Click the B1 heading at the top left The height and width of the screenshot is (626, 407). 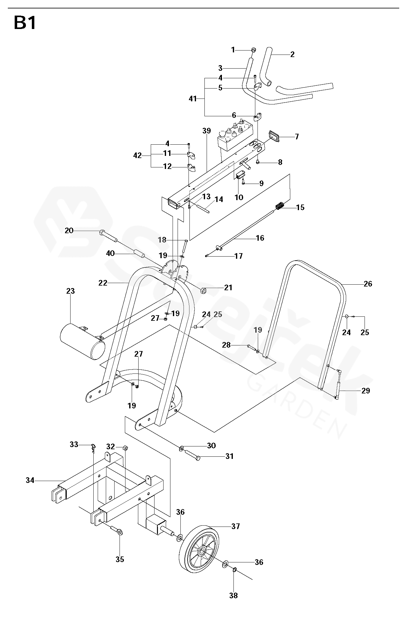pyautogui.click(x=25, y=23)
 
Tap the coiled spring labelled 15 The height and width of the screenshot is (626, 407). pyautogui.click(x=280, y=206)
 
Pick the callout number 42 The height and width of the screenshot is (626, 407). pyautogui.click(x=137, y=155)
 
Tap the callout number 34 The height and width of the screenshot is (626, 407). pyautogui.click(x=30, y=480)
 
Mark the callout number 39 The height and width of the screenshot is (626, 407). pyautogui.click(x=207, y=131)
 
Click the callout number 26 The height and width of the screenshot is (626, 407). pyautogui.click(x=368, y=284)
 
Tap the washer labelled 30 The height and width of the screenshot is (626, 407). pyautogui.click(x=182, y=449)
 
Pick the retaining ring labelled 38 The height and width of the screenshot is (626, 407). pyautogui.click(x=234, y=570)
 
